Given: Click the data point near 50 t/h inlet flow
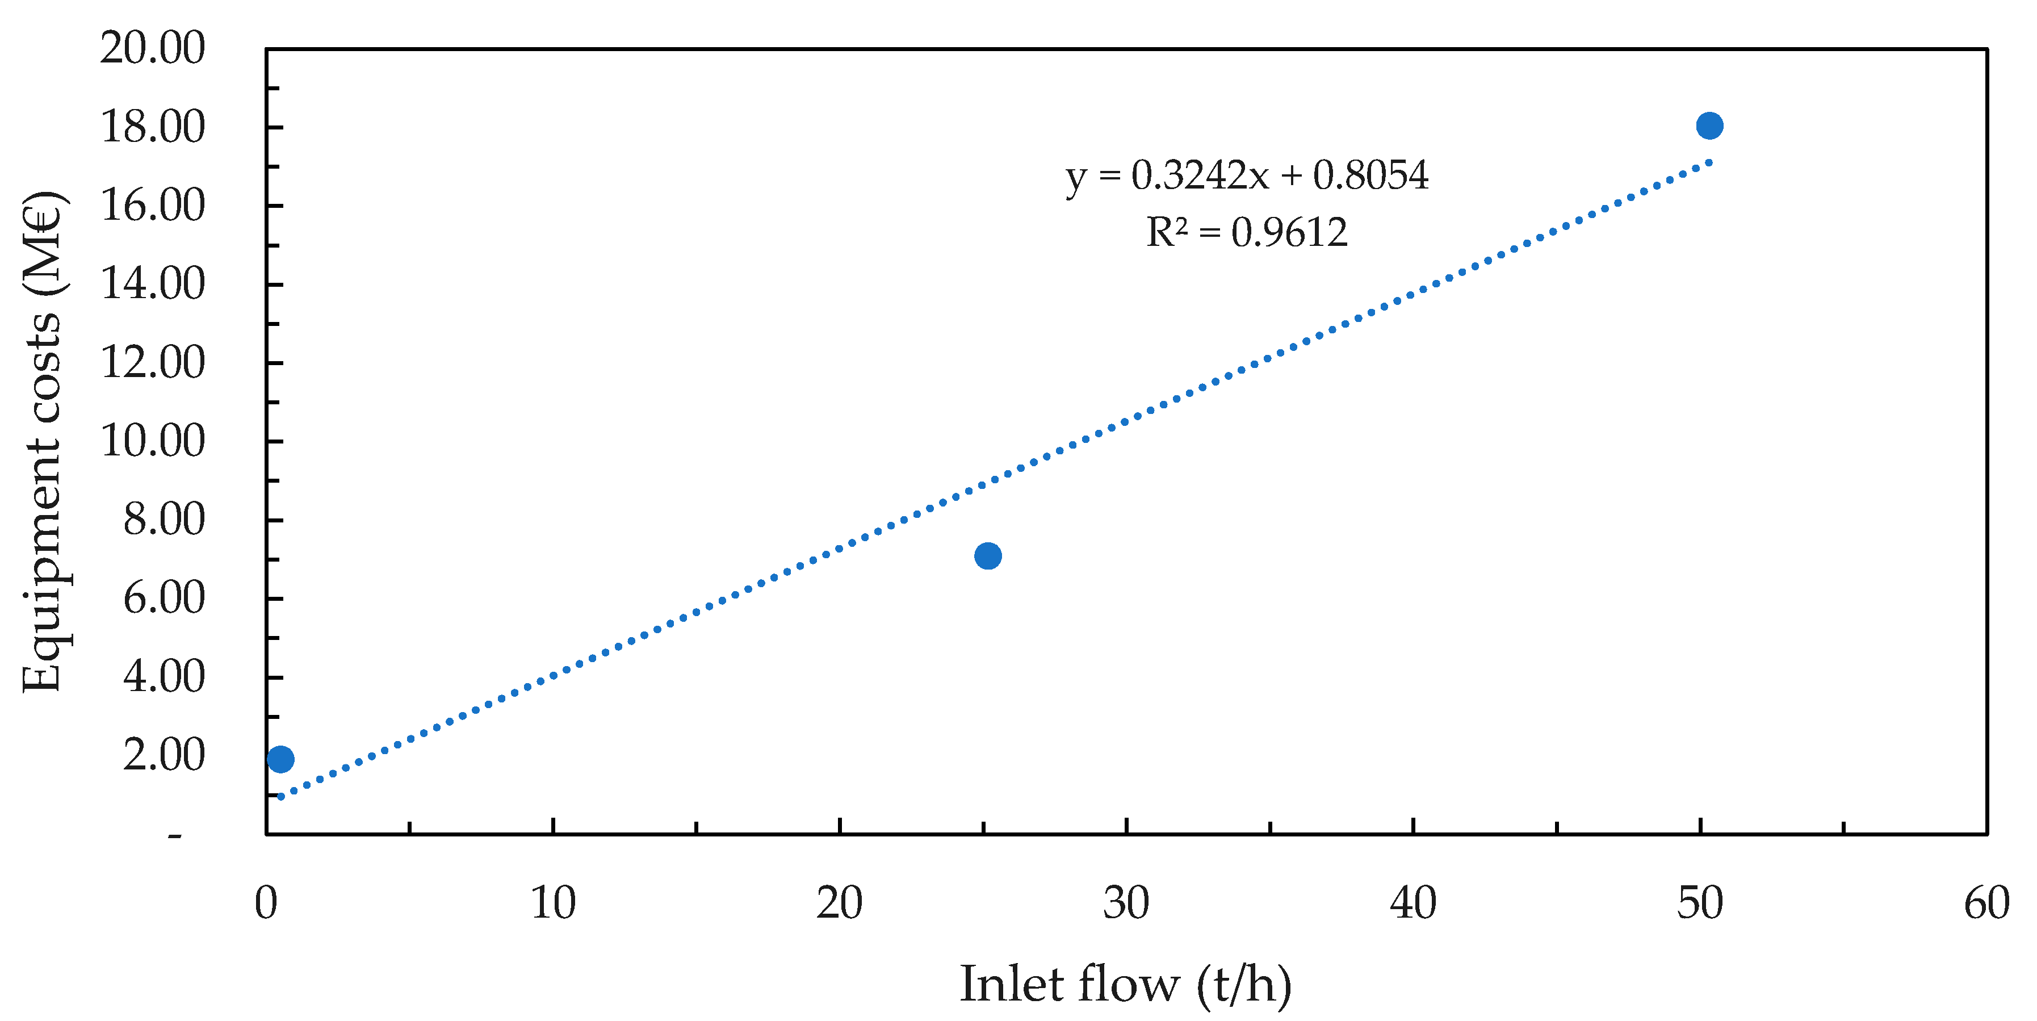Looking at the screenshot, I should (x=1709, y=125).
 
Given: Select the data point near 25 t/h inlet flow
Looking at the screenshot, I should (x=988, y=556).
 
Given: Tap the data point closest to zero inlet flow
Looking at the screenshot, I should (x=280, y=759).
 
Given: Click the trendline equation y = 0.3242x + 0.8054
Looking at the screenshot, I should (x=1247, y=175).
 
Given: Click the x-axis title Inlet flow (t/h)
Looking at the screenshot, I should (x=1125, y=985).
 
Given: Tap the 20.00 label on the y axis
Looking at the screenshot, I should (x=153, y=48).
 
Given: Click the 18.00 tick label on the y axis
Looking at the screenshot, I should (x=153, y=127).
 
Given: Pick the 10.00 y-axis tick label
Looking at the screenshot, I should (x=153, y=441).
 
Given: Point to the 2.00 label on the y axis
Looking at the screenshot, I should (x=164, y=755).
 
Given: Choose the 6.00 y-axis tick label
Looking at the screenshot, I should (x=164, y=598).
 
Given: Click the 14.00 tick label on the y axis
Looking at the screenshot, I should (x=153, y=284).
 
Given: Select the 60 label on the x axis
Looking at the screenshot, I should (x=1985, y=903).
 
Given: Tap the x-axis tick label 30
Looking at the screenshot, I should (x=1126, y=903).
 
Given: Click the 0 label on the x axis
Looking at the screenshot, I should (x=266, y=903).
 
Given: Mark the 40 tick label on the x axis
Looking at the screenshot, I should (x=1413, y=903).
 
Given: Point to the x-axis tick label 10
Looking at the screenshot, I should (x=553, y=903).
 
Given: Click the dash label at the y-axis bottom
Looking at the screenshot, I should (x=175, y=836).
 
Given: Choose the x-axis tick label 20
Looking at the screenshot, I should (x=839, y=903).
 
